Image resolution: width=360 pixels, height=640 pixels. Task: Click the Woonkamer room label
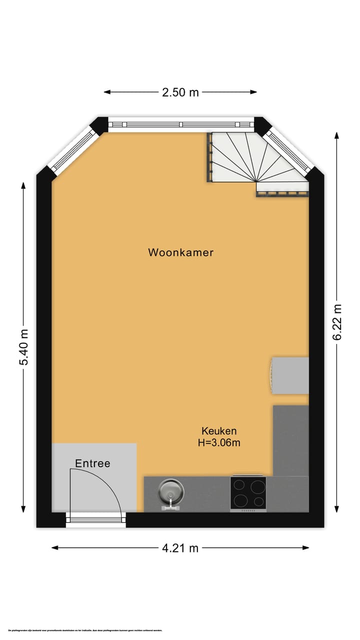pyautogui.click(x=180, y=252)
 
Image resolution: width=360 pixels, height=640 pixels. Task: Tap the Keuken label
pyautogui.click(x=219, y=430)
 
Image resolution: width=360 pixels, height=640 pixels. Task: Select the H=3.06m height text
pyautogui.click(x=219, y=442)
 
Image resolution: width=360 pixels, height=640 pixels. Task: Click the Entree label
pyautogui.click(x=92, y=463)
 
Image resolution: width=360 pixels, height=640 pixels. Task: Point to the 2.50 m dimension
pyautogui.click(x=180, y=92)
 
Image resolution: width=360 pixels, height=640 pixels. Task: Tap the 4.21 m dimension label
pyautogui.click(x=180, y=548)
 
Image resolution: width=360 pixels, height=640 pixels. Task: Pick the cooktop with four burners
pyautogui.click(x=248, y=493)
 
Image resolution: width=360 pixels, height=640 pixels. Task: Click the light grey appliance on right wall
pyautogui.click(x=290, y=375)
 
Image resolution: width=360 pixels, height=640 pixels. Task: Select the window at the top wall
pyautogui.click(x=181, y=124)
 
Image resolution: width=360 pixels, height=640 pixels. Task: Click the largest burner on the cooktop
pyautogui.click(x=241, y=499)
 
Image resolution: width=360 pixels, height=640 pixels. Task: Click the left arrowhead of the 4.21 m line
pyautogui.click(x=54, y=547)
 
